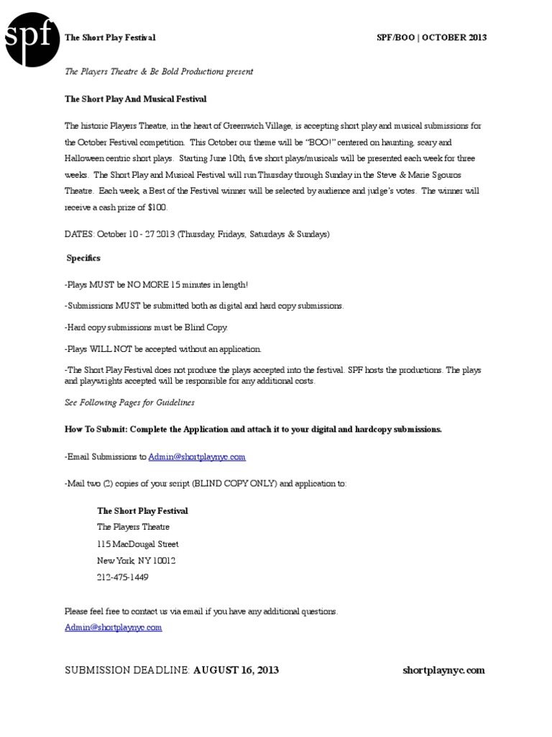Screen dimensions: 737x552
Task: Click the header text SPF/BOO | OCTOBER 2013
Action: point(432,37)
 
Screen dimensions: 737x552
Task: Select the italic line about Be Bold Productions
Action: point(159,72)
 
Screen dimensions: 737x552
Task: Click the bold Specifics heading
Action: point(83,258)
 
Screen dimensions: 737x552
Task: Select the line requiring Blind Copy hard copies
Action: point(146,327)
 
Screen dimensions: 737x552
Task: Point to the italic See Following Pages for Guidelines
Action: point(129,402)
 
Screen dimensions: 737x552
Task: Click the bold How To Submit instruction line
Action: point(253,429)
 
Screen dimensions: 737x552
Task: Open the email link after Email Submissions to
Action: point(197,456)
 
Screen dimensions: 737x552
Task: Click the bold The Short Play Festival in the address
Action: point(142,511)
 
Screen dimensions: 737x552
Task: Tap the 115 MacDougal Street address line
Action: point(138,544)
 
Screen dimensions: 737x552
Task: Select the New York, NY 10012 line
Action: point(137,561)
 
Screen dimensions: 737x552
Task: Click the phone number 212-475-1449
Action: point(123,577)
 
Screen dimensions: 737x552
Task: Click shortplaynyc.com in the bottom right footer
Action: point(443,670)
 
